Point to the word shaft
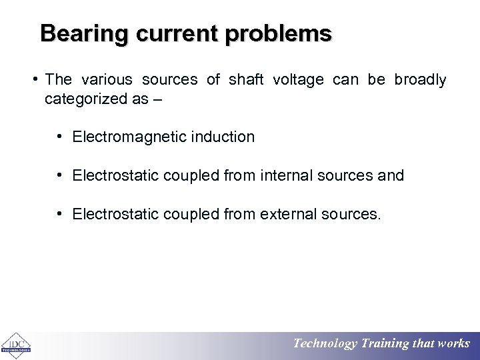246,80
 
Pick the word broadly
420,80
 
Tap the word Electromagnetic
130,137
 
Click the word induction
223,137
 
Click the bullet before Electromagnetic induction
60,137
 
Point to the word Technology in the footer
325,344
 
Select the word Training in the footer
385,344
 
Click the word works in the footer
454,344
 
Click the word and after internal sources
391,175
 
